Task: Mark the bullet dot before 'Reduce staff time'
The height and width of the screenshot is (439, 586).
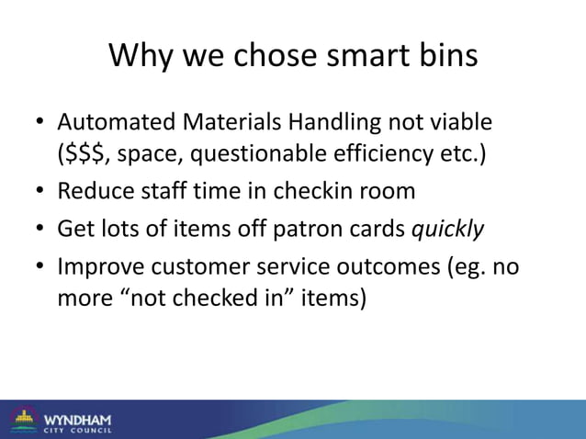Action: (40, 193)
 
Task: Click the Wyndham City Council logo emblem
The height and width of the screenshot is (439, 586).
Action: (22, 420)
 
